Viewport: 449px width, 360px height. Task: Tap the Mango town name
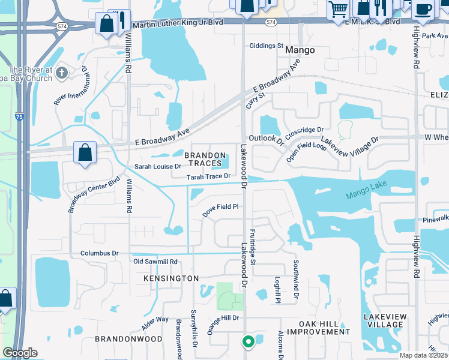[300, 50]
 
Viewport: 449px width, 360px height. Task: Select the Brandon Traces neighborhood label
[204, 159]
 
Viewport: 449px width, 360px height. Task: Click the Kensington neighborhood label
[171, 278]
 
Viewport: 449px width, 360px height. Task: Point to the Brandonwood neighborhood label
[128, 339]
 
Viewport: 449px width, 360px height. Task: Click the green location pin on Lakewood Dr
[248, 342]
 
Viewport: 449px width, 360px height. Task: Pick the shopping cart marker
[338, 9]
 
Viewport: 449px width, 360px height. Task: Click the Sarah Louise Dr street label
[157, 166]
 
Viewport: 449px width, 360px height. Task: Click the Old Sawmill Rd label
[155, 262]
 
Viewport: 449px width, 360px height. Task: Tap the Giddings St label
[266, 46]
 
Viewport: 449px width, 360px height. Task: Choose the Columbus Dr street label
[99, 253]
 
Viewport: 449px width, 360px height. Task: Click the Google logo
[20, 353]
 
